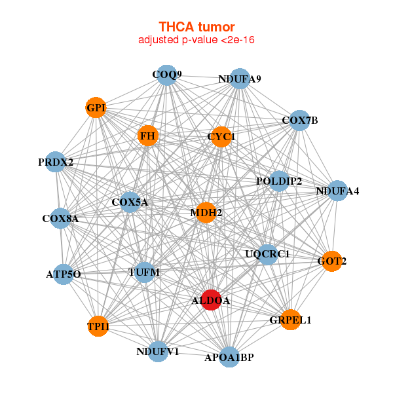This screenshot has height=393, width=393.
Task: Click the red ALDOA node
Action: (x=211, y=300)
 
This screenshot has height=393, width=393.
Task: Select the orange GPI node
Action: (x=96, y=107)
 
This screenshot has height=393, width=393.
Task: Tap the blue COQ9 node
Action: (x=167, y=75)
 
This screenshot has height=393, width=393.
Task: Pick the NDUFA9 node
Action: (x=240, y=79)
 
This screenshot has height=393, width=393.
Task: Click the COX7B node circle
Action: (x=299, y=121)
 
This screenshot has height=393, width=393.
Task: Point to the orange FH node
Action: (x=148, y=136)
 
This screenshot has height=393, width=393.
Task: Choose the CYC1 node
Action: (x=221, y=137)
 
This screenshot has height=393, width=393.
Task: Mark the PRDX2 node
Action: (x=56, y=162)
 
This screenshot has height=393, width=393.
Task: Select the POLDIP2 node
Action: (x=279, y=181)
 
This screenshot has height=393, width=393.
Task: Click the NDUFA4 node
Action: (x=337, y=191)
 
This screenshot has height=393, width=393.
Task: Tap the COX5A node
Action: (x=130, y=202)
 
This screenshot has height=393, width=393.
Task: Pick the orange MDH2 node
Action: (x=206, y=212)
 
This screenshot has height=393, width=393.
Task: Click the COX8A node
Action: (x=60, y=218)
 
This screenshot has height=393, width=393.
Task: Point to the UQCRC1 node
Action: (x=268, y=254)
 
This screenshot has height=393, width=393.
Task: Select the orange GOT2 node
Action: (x=332, y=261)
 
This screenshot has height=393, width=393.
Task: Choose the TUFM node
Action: (x=144, y=272)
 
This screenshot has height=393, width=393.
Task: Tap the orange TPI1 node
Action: (x=98, y=326)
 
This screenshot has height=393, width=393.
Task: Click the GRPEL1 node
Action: (x=290, y=320)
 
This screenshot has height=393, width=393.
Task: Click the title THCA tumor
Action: (x=196, y=27)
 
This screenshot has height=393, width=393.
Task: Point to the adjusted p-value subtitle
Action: (x=196, y=40)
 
